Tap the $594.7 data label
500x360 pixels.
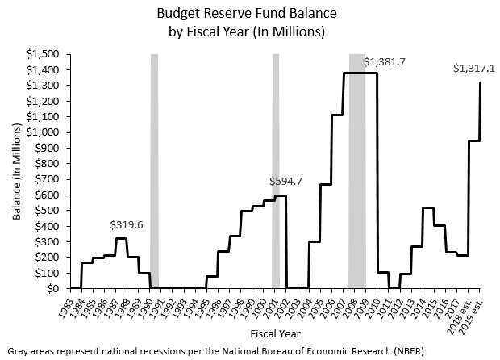pyautogui.click(x=285, y=181)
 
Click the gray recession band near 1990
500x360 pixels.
pyautogui.click(x=154, y=170)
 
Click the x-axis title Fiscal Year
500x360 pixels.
pyautogui.click(x=275, y=333)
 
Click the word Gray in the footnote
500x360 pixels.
pyautogui.click(x=16, y=351)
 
